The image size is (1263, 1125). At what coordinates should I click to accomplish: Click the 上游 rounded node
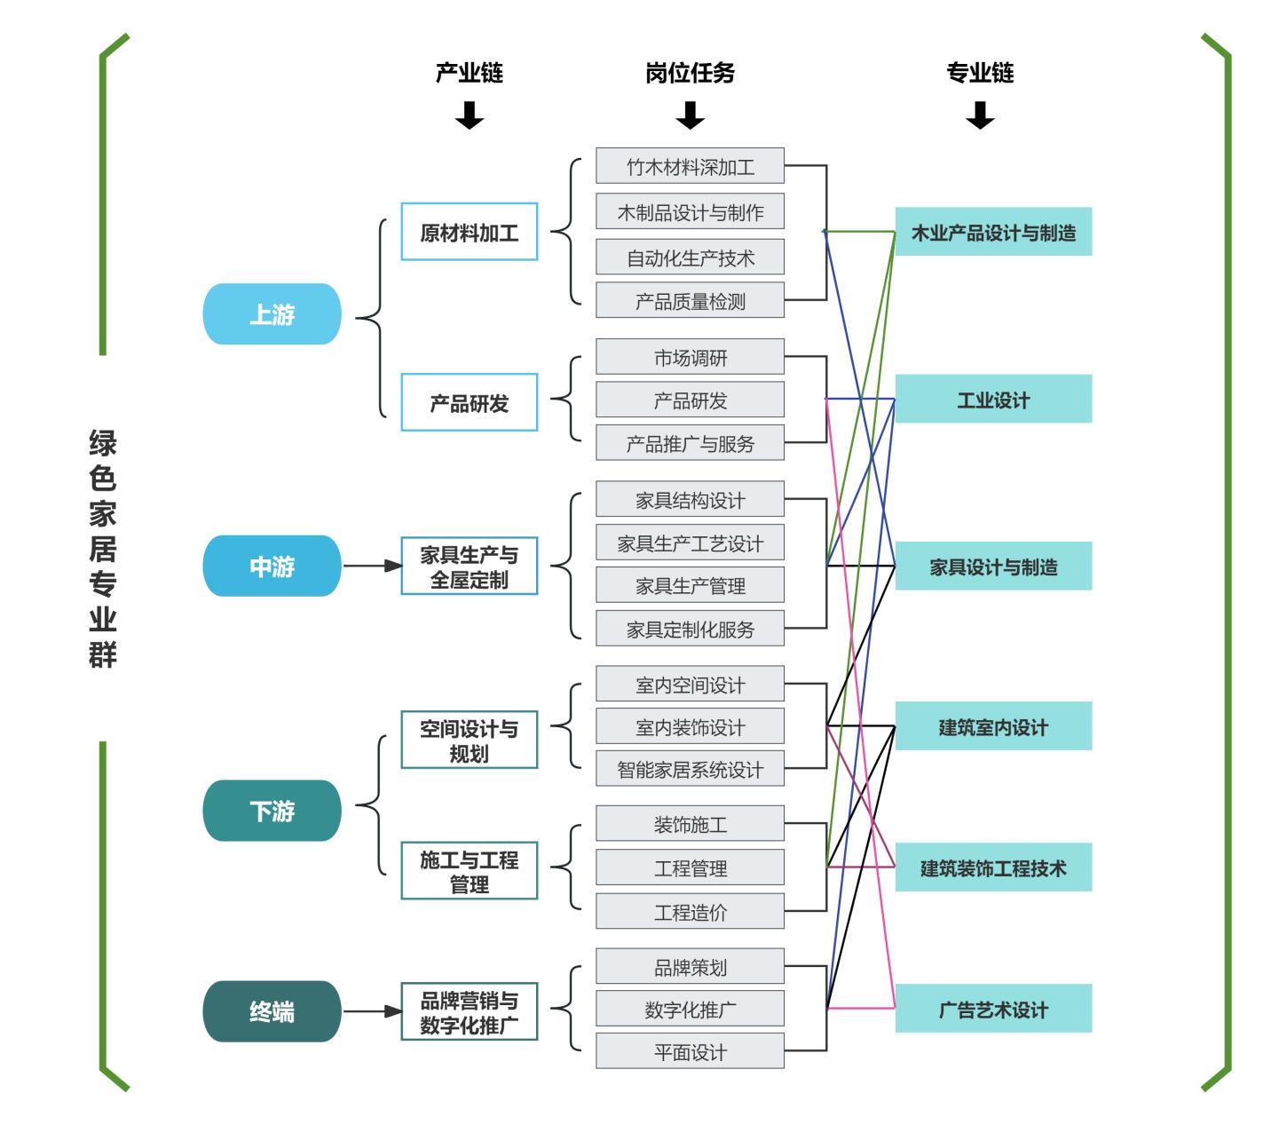[x=272, y=314]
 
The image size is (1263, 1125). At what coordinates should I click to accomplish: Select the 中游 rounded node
[x=272, y=566]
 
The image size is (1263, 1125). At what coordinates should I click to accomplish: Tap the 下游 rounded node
[x=272, y=811]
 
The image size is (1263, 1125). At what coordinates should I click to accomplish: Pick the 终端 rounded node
[x=272, y=1011]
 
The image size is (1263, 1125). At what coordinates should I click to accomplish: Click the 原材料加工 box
[x=469, y=232]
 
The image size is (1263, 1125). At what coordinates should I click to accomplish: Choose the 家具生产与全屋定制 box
[x=469, y=566]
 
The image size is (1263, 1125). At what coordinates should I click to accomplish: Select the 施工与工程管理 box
[x=469, y=872]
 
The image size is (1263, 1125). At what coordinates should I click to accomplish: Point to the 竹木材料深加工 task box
[x=690, y=166]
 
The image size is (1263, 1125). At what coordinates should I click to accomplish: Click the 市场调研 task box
[x=690, y=357]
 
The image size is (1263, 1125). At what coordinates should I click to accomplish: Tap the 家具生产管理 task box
[x=690, y=585]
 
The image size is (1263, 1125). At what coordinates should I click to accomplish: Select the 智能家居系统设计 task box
[x=690, y=769]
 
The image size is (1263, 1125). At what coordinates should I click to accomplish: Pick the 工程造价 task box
[x=690, y=912]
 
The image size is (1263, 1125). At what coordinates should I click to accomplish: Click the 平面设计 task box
[x=690, y=1051]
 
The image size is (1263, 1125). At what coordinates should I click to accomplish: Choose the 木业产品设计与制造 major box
[x=992, y=233]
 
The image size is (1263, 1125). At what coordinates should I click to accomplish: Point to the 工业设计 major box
[x=992, y=400]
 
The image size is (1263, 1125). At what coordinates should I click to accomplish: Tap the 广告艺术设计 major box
[x=992, y=1009]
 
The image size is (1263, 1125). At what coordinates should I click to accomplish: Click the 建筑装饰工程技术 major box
[x=992, y=868]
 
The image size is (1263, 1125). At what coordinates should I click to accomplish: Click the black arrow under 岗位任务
[x=690, y=115]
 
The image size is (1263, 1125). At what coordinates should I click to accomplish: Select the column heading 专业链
[x=980, y=73]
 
